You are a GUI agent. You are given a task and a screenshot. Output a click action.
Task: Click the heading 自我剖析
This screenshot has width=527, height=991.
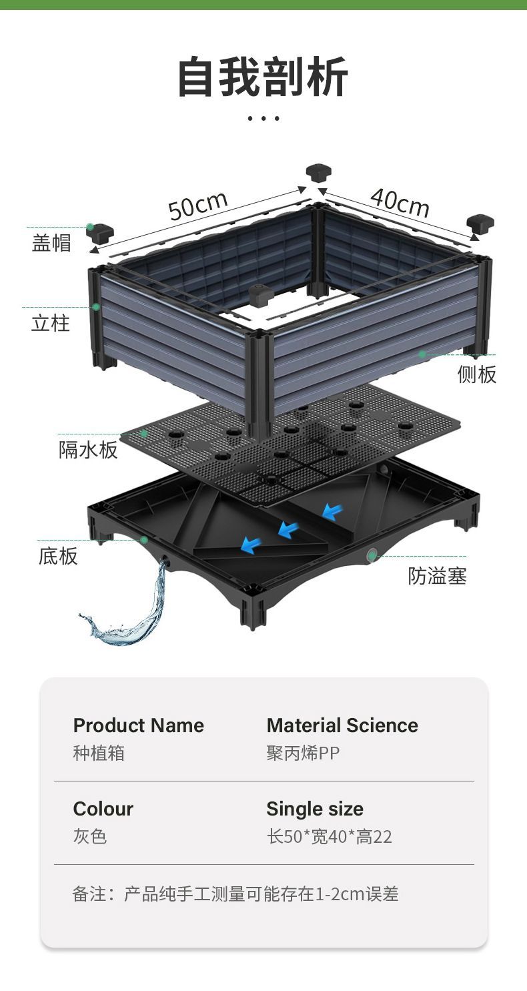(x=263, y=78)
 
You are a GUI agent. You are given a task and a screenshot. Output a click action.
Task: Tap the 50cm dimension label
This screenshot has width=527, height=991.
(x=197, y=205)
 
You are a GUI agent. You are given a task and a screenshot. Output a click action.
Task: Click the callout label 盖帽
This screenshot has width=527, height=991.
(x=51, y=242)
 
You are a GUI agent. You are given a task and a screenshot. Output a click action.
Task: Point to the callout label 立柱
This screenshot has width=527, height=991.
(x=51, y=324)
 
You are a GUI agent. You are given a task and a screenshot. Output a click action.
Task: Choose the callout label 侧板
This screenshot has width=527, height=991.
(x=477, y=374)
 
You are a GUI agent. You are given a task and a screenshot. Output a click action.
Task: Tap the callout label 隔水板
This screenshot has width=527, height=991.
(x=88, y=450)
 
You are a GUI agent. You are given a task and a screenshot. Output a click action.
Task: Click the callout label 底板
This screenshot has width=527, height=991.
(x=58, y=556)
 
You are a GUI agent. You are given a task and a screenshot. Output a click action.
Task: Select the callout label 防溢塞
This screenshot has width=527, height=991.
(x=437, y=576)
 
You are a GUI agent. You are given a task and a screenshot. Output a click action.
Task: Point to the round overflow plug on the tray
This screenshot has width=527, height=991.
(x=372, y=555)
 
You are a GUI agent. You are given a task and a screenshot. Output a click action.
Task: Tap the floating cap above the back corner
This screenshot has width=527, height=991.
(x=319, y=173)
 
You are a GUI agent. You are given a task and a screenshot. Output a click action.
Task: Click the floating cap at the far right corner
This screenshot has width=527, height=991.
(x=480, y=224)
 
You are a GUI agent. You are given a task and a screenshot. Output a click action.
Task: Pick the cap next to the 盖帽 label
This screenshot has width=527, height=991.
(x=100, y=232)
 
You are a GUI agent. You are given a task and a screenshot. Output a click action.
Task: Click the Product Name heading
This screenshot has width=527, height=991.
(x=139, y=725)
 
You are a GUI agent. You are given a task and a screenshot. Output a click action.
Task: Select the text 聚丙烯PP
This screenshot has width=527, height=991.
(x=303, y=753)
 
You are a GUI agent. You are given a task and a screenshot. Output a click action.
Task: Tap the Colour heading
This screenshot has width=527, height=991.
(x=103, y=809)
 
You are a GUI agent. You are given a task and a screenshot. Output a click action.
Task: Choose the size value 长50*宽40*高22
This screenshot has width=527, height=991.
(x=330, y=837)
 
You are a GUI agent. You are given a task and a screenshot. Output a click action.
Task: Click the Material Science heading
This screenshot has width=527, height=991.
(x=342, y=725)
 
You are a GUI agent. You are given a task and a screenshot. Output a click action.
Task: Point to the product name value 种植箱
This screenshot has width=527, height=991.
(x=99, y=753)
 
